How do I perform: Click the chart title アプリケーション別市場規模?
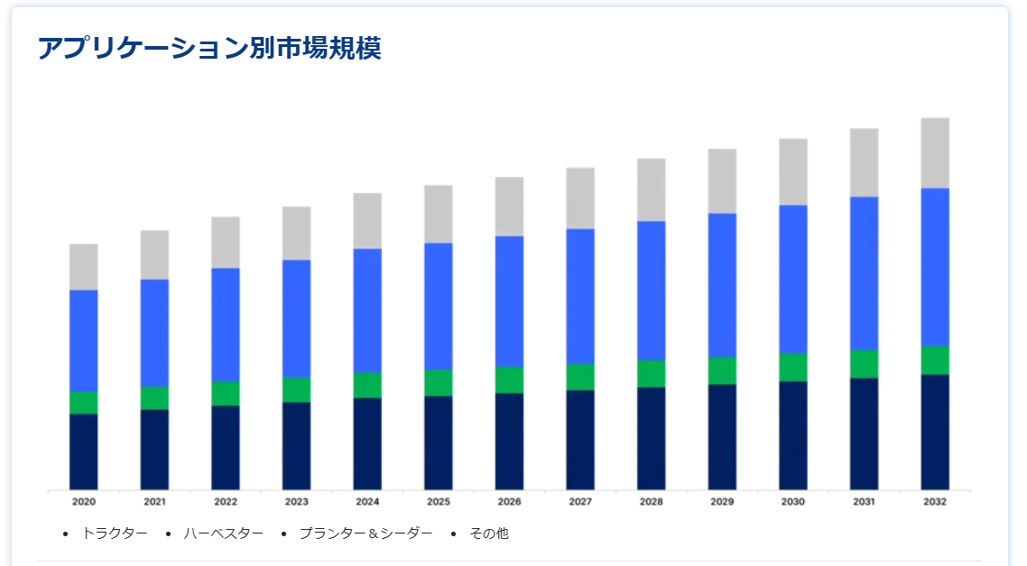pyautogui.click(x=209, y=48)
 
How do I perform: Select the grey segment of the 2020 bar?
pyautogui.click(x=84, y=267)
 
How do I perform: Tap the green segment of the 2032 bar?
pyautogui.click(x=935, y=360)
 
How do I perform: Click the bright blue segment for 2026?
pyautogui.click(x=509, y=302)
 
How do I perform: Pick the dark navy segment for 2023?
pyautogui.click(x=297, y=446)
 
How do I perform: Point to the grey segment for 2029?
pyautogui.click(x=722, y=181)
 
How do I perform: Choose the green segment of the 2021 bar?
pyautogui.click(x=154, y=398)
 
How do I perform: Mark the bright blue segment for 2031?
pyautogui.click(x=864, y=274)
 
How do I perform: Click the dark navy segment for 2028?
pyautogui.click(x=652, y=439)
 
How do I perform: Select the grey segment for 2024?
pyautogui.click(x=367, y=221)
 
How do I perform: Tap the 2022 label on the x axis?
pyautogui.click(x=226, y=502)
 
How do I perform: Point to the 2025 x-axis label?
pyautogui.click(x=439, y=502)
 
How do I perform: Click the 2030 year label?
pyautogui.click(x=793, y=502)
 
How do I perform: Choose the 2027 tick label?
pyautogui.click(x=580, y=502)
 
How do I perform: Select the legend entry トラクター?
pyautogui.click(x=115, y=534)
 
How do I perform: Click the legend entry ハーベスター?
pyautogui.click(x=223, y=534)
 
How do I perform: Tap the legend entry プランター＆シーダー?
pyautogui.click(x=365, y=534)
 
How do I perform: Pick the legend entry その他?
pyautogui.click(x=489, y=534)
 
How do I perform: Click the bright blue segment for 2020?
pyautogui.click(x=84, y=341)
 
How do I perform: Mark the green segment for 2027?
pyautogui.click(x=580, y=377)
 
